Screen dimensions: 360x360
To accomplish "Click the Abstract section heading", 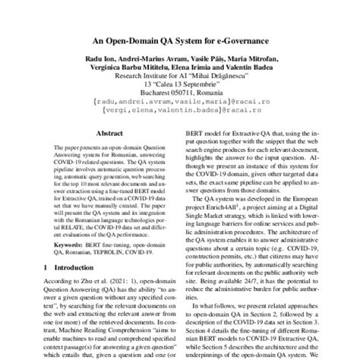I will coord(103,131).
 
